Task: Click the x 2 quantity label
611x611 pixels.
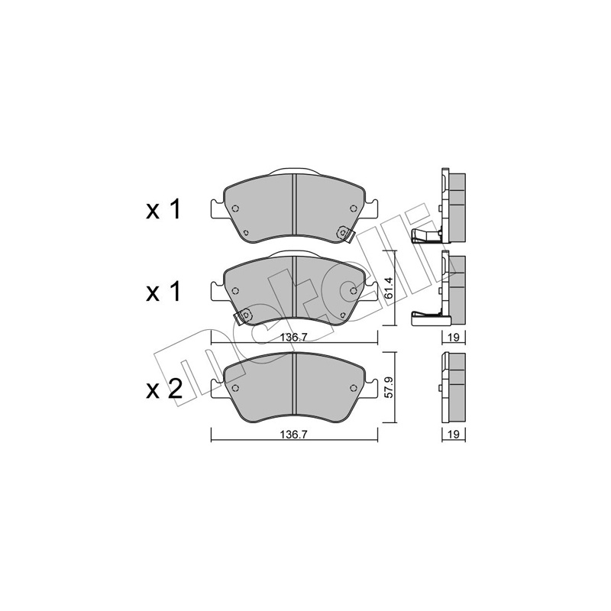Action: [164, 389]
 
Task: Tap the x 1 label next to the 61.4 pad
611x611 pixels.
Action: [163, 292]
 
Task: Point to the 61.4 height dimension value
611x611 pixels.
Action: [390, 288]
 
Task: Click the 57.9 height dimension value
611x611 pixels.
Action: [390, 387]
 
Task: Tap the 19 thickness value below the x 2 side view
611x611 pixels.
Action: [454, 435]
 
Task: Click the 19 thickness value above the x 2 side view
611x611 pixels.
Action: [454, 338]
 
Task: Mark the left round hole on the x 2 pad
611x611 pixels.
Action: [235, 388]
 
